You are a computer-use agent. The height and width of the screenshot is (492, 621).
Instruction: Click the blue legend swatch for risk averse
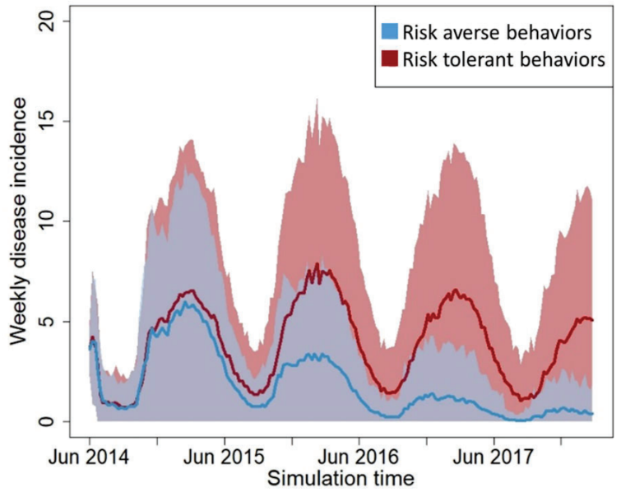[390, 32]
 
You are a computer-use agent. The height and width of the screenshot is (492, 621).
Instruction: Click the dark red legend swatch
[390, 58]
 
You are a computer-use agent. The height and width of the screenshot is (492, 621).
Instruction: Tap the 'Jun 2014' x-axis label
[89, 456]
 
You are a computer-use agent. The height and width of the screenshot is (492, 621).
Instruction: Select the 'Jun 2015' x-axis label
[224, 456]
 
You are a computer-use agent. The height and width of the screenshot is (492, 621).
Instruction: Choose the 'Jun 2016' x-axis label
[358, 456]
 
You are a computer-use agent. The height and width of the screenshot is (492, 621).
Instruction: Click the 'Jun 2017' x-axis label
[493, 456]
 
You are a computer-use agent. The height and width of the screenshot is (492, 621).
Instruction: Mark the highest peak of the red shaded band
[317, 100]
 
